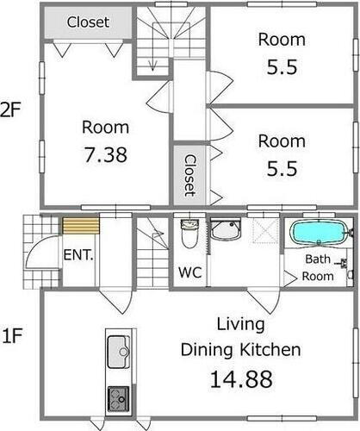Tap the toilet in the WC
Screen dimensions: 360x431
[x=189, y=234]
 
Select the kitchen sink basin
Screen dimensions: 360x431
[x=118, y=352]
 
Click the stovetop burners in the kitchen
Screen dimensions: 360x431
[x=118, y=399]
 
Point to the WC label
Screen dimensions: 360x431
[x=189, y=272]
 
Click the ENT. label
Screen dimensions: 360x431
[x=78, y=255]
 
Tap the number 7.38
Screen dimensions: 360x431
[x=105, y=154]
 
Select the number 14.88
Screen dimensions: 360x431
[x=241, y=379]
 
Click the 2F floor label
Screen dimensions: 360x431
[x=11, y=109]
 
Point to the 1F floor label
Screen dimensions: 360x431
[x=12, y=335]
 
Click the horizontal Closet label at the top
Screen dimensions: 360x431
[x=88, y=22]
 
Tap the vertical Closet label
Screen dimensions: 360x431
[x=190, y=176]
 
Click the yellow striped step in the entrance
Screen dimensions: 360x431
[x=81, y=226]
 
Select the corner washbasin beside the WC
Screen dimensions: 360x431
[x=226, y=229]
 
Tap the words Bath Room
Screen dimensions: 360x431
[x=318, y=267]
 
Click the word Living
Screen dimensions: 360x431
[x=240, y=325]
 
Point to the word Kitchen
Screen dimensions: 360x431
[x=270, y=350]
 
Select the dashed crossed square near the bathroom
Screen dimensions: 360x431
[x=266, y=231]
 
